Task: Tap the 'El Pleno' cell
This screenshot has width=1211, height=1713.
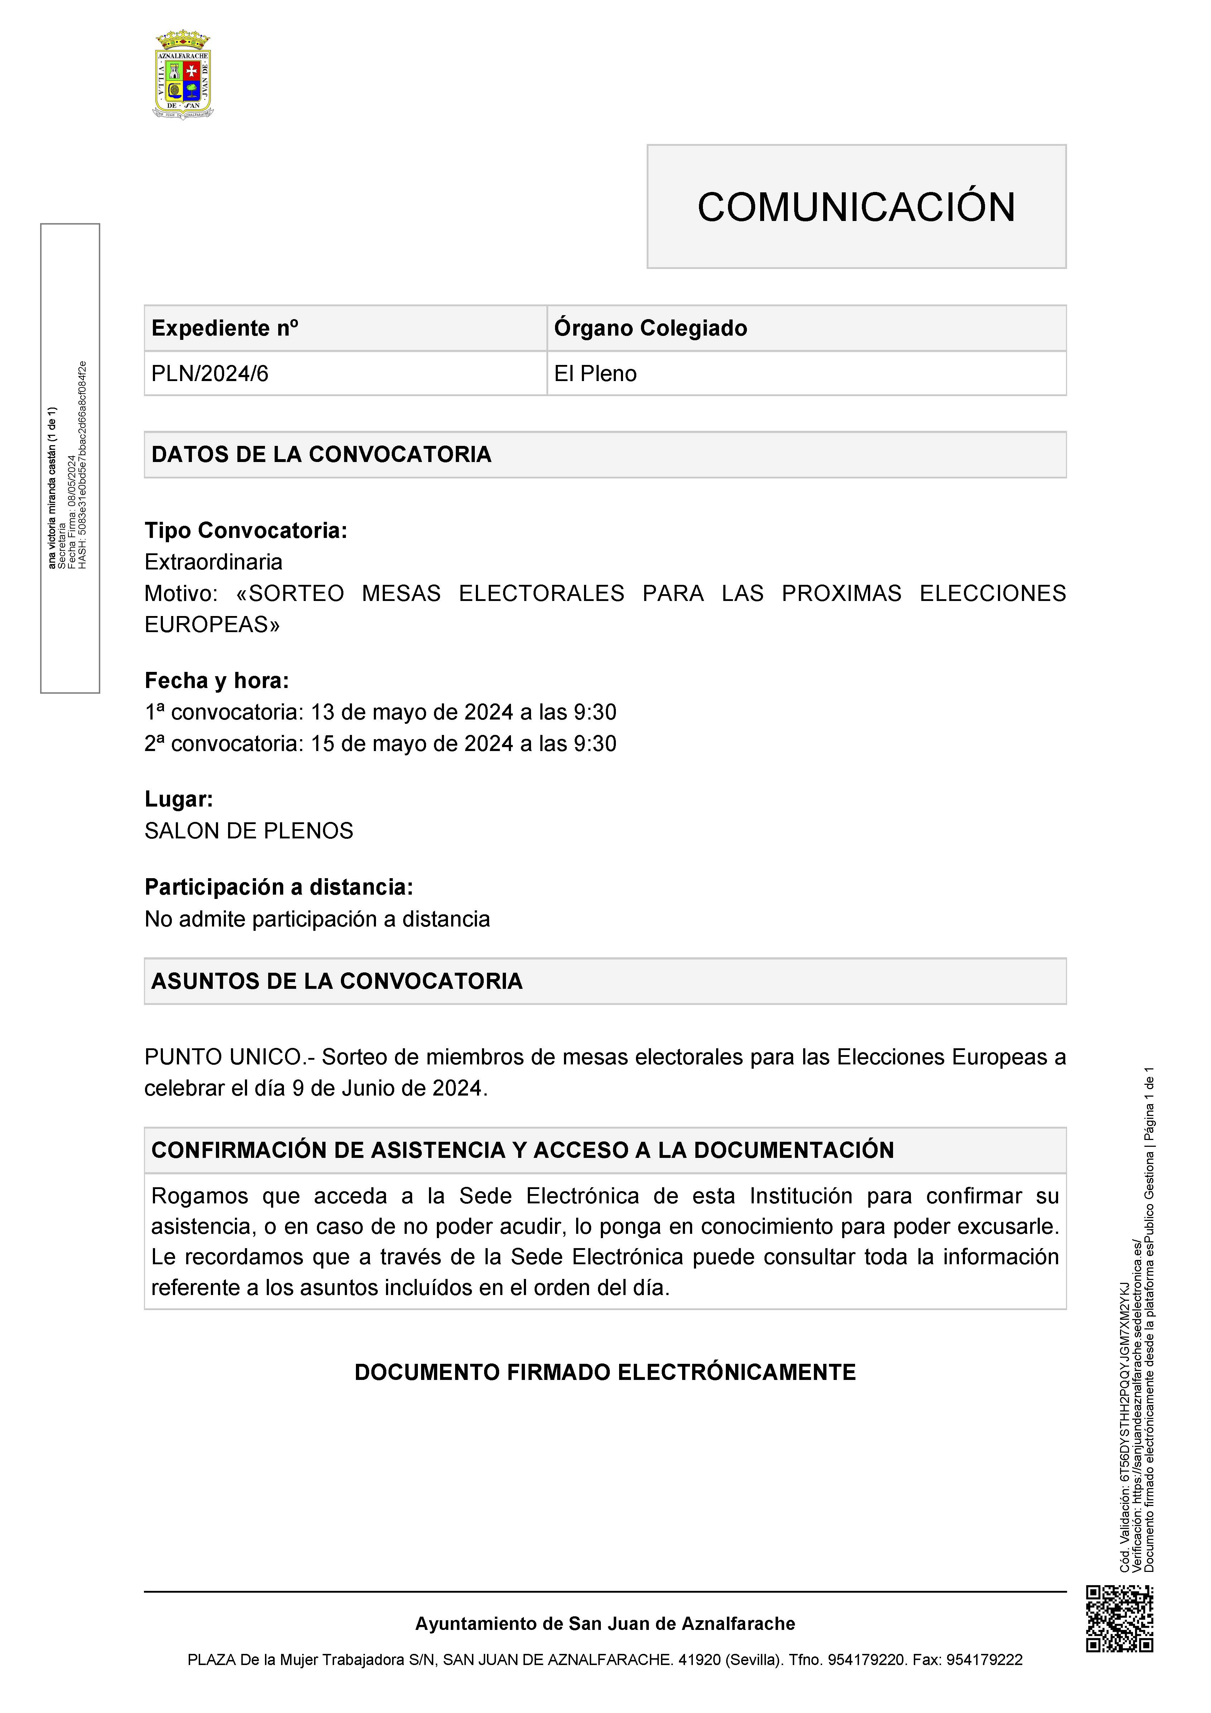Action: tap(595, 374)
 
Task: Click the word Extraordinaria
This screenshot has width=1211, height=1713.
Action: tap(213, 562)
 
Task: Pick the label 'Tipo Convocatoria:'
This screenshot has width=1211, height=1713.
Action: tap(246, 530)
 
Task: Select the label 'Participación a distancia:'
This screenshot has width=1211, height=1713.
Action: tap(278, 887)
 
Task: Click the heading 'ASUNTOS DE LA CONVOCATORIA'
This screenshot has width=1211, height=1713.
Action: tap(337, 981)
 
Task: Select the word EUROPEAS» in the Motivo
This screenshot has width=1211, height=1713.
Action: tap(212, 625)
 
